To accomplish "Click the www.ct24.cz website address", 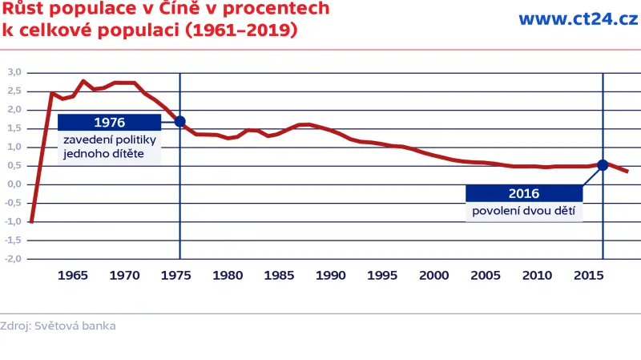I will click(x=578, y=19).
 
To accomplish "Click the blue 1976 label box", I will click(x=109, y=123).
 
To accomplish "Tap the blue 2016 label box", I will click(x=523, y=193).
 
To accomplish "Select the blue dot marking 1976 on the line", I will click(x=180, y=122).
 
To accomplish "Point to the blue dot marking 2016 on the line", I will click(x=603, y=165).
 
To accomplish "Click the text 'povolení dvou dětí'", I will click(x=523, y=212).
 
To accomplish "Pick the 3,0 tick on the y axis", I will click(x=14, y=72).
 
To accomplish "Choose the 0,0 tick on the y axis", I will click(x=14, y=184).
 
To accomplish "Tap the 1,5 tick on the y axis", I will click(x=14, y=128).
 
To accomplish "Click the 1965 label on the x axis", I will click(x=73, y=275).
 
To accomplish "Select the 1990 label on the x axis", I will click(x=331, y=275).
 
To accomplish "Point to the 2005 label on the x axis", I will click(x=486, y=275).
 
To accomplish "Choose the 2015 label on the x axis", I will click(x=589, y=275).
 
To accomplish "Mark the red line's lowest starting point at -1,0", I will click(x=31, y=221).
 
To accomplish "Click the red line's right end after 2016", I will click(x=627, y=172).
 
